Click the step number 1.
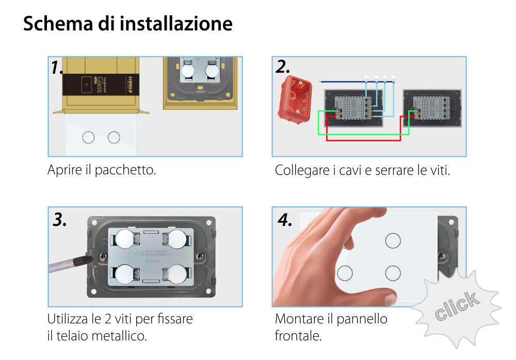tap(57, 68)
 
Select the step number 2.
tap(283, 67)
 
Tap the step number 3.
tap(60, 220)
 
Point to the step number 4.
tap(285, 220)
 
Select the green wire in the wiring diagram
tap(361, 135)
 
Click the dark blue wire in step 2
tap(341, 81)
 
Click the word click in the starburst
tap(456, 306)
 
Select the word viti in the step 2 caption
tap(438, 170)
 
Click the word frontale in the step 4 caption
tap(298, 336)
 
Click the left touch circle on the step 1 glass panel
tap(88, 138)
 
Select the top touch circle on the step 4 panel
tap(393, 240)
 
